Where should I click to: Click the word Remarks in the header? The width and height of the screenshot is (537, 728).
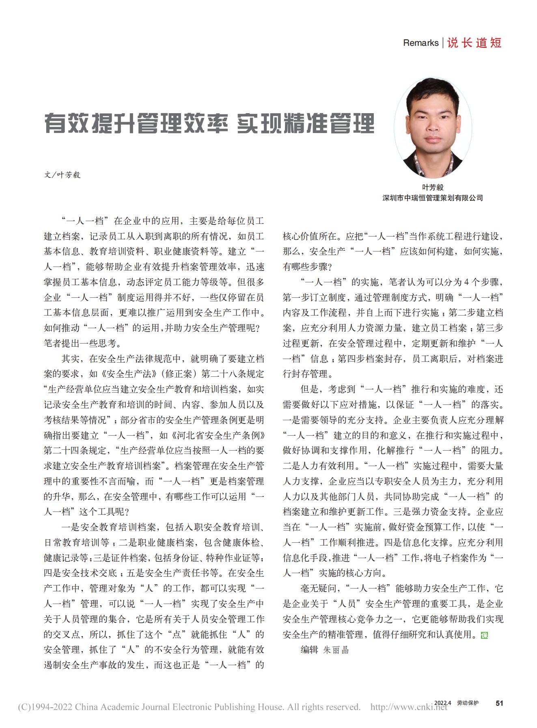point(421,43)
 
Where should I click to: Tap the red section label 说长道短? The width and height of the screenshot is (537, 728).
point(474,43)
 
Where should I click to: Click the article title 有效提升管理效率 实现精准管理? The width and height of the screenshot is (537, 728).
point(209,124)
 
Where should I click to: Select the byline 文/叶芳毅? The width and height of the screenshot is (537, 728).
point(62,175)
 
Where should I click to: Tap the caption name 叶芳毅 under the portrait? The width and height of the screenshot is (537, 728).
point(433,187)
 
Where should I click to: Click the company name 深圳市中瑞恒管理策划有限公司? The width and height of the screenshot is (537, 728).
point(433,198)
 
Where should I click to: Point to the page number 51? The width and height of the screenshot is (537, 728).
point(499,703)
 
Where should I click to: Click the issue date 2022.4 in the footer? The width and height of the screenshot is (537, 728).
point(443,703)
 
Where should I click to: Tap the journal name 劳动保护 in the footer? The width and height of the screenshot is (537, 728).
point(467,703)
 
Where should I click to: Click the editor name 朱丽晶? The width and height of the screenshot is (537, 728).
point(336,650)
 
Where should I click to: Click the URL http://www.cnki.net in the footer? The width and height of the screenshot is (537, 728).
point(409,707)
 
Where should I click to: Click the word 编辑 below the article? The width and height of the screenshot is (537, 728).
point(309,650)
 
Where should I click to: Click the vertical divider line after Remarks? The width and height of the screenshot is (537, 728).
point(443,43)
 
